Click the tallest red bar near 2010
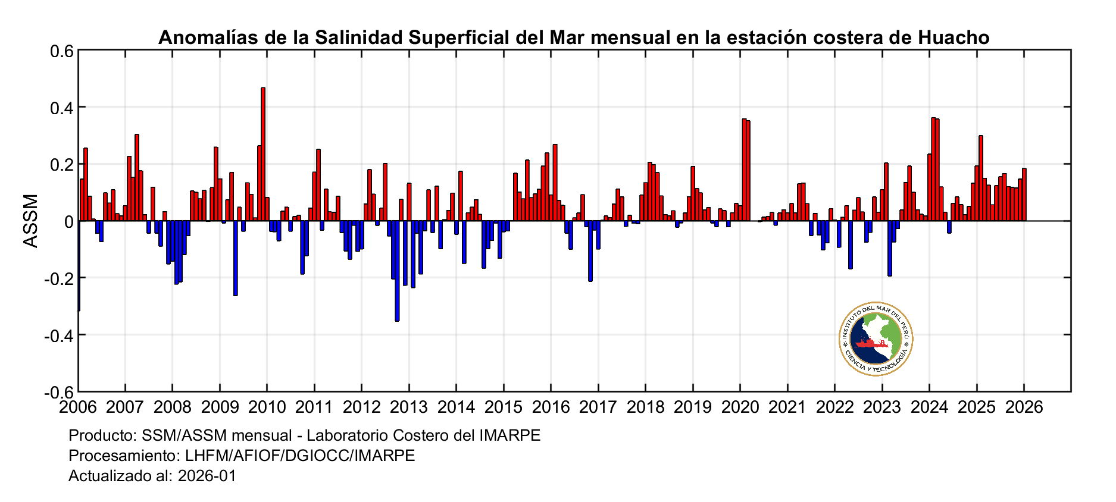[x=263, y=155]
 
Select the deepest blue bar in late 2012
[x=397, y=271]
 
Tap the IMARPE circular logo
[x=876, y=338]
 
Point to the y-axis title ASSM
[x=30, y=221]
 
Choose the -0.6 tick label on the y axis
[x=58, y=392]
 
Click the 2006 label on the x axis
[x=77, y=407]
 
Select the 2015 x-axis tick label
[x=504, y=407]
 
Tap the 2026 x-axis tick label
[x=1024, y=407]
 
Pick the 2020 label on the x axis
[x=740, y=407]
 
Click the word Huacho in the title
[x=954, y=37]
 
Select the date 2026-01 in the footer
[x=207, y=476]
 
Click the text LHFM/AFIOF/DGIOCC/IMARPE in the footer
[x=300, y=456]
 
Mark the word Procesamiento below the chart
[x=123, y=456]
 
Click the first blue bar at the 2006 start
[x=79, y=265]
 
